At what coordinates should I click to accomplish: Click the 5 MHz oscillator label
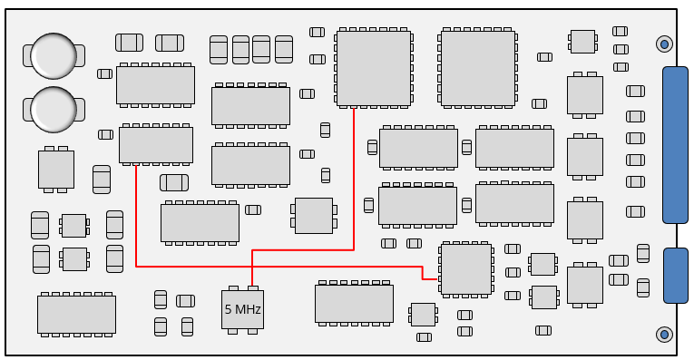point(242,310)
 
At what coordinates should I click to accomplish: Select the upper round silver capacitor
point(54,55)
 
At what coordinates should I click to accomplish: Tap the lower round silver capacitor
point(54,108)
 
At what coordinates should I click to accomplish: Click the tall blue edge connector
point(675,145)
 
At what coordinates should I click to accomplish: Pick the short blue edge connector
point(675,275)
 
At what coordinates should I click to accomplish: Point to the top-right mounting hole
point(664,44)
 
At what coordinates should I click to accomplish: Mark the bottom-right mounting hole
point(664,335)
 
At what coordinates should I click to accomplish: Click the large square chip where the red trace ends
point(373,68)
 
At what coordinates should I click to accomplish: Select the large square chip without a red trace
point(477,68)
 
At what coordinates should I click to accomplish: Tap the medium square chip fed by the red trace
point(465,268)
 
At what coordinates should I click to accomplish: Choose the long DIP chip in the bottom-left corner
point(76,314)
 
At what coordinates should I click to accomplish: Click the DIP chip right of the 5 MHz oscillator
point(354,303)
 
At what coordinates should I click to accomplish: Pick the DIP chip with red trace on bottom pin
point(155,144)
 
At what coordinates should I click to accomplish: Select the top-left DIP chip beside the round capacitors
point(155,84)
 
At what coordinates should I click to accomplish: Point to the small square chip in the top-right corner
point(582,42)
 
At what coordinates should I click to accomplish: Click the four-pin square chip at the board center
point(314,215)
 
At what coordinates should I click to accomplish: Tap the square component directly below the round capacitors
point(56,169)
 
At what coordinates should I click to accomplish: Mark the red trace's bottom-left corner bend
point(136,266)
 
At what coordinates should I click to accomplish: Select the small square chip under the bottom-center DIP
point(423,314)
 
